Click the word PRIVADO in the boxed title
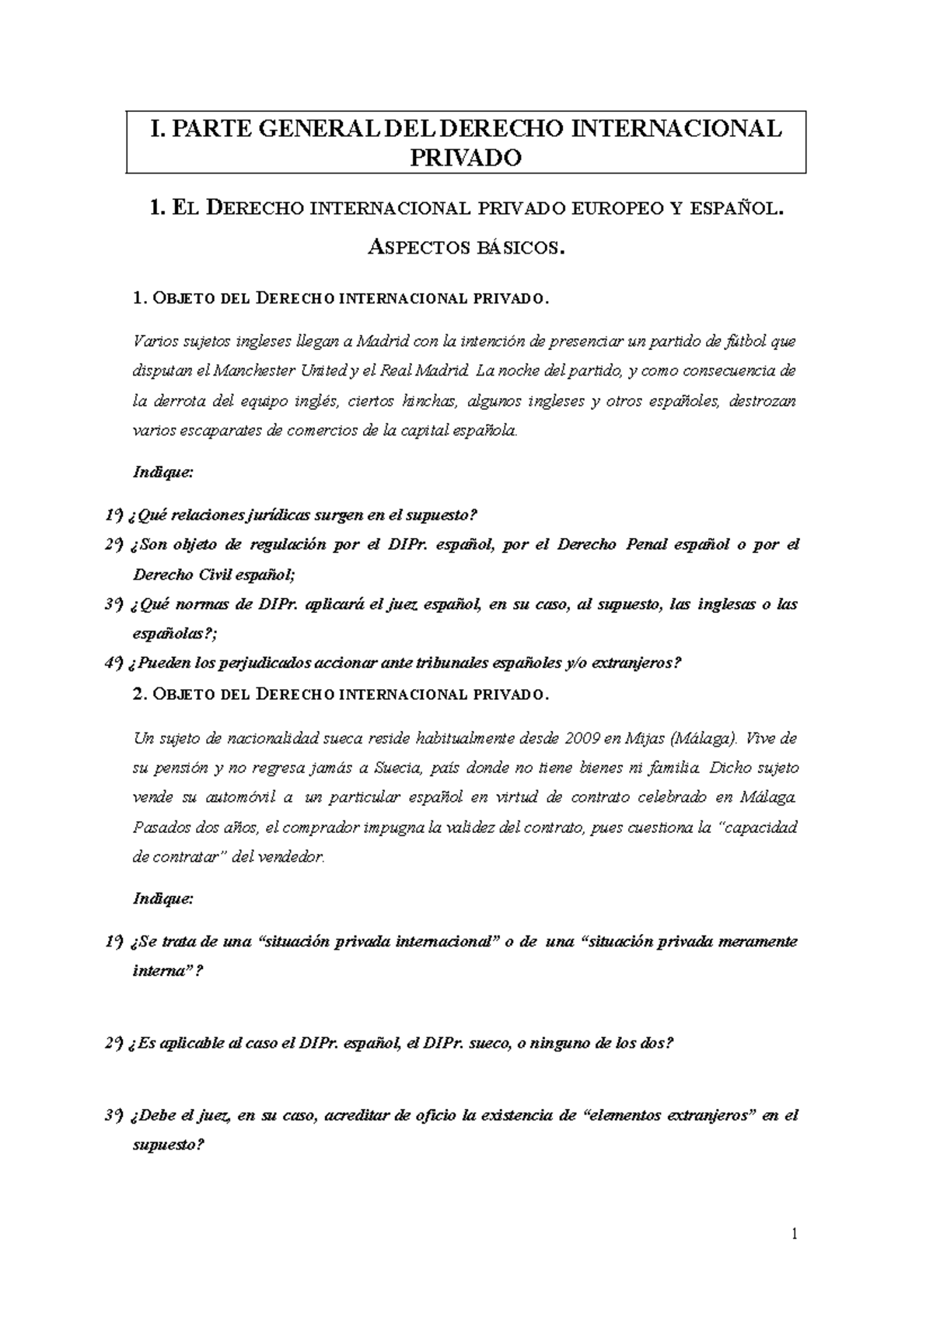466,158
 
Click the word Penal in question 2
645,544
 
